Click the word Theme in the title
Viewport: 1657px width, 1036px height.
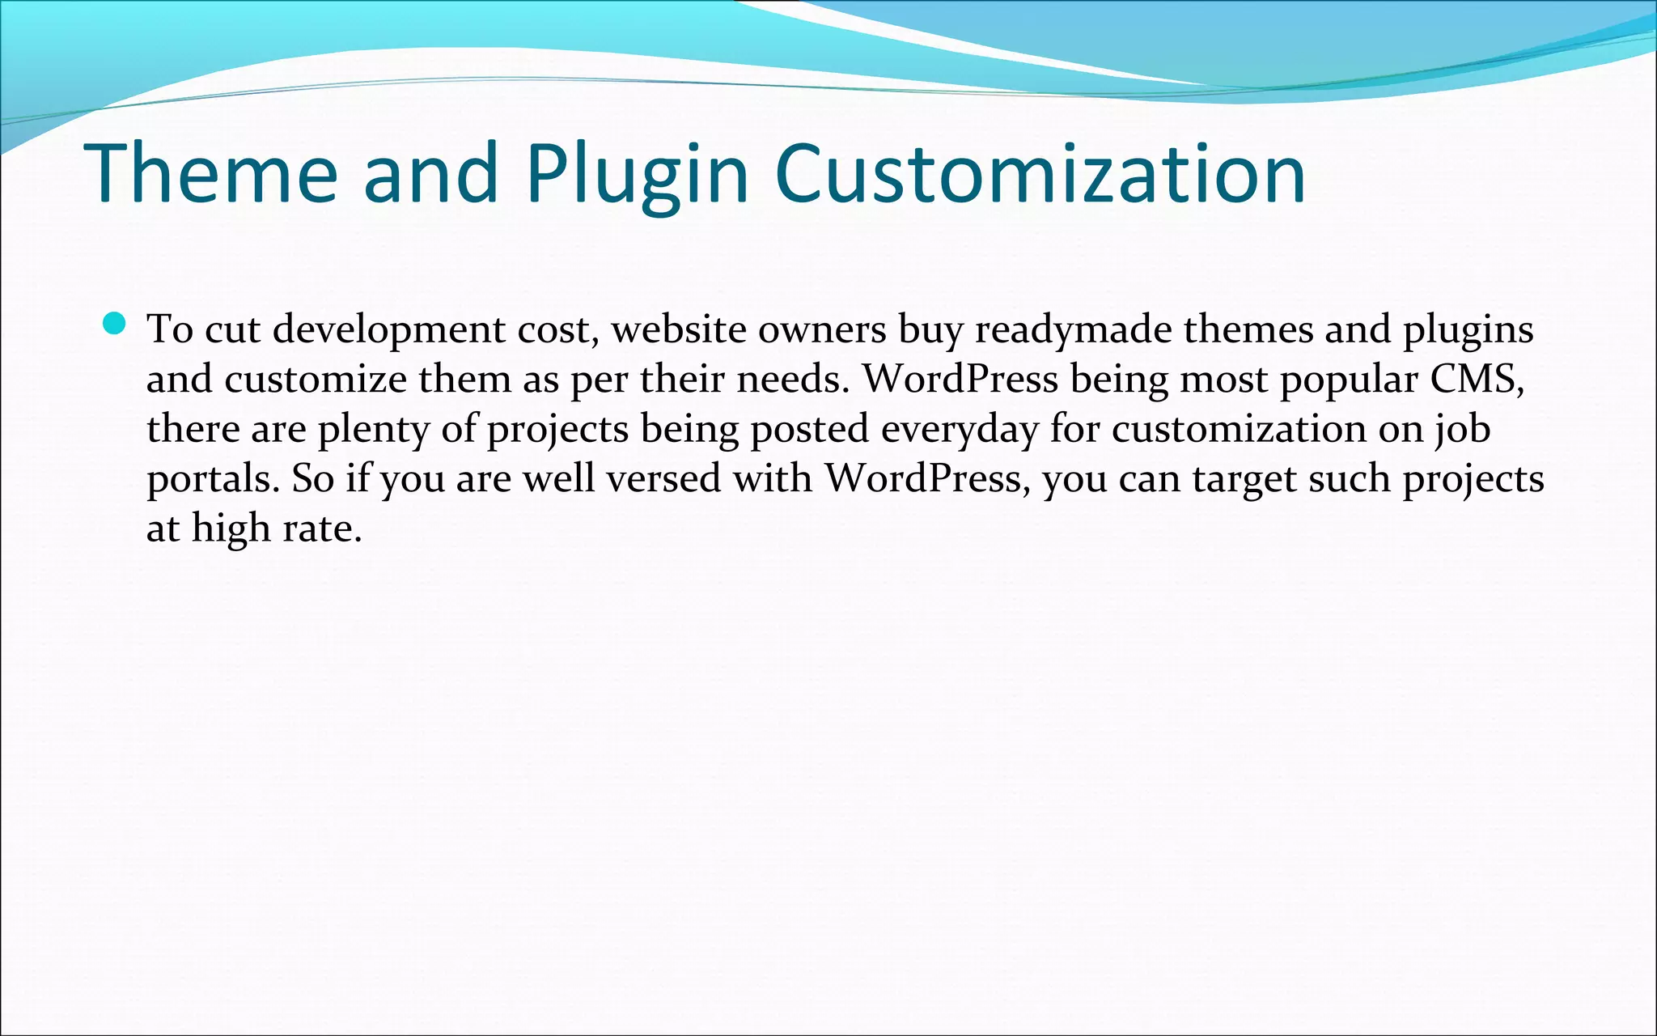(210, 173)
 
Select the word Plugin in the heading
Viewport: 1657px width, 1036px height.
(638, 173)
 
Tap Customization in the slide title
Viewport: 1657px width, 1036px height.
(1040, 173)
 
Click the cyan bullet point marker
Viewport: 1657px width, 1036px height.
(115, 324)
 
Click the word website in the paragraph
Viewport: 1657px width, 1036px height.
(678, 330)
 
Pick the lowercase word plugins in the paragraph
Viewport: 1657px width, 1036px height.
(1468, 330)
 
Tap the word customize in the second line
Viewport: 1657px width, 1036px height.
(316, 380)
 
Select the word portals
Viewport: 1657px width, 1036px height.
(213, 479)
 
